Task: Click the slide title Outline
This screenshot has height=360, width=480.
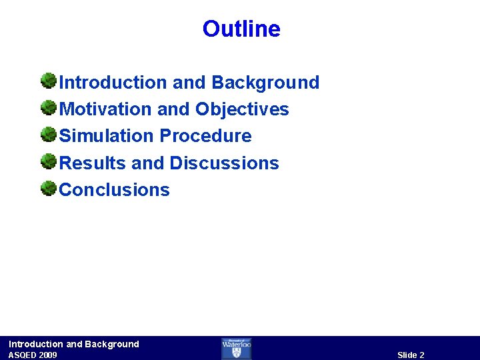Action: coord(241,29)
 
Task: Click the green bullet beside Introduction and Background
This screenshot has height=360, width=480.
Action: coord(48,82)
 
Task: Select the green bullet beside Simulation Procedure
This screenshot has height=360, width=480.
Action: coord(48,135)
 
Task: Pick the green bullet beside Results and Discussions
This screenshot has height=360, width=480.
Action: coord(48,162)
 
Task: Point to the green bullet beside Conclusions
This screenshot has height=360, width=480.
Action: coord(48,189)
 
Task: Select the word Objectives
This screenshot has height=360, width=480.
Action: coord(242,109)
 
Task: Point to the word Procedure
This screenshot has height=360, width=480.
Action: coord(205,136)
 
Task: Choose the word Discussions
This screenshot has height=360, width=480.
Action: coord(224,163)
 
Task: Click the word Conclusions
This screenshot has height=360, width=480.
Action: coord(115,190)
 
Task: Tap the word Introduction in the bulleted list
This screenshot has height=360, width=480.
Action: coord(113,83)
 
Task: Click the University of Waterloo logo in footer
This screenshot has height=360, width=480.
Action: coord(237,348)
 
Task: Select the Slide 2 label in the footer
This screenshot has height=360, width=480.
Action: coord(411,355)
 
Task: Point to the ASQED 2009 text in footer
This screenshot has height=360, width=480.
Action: coord(33,355)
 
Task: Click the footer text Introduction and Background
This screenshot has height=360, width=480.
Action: coord(74,344)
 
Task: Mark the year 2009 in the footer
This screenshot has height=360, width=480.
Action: coord(47,355)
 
